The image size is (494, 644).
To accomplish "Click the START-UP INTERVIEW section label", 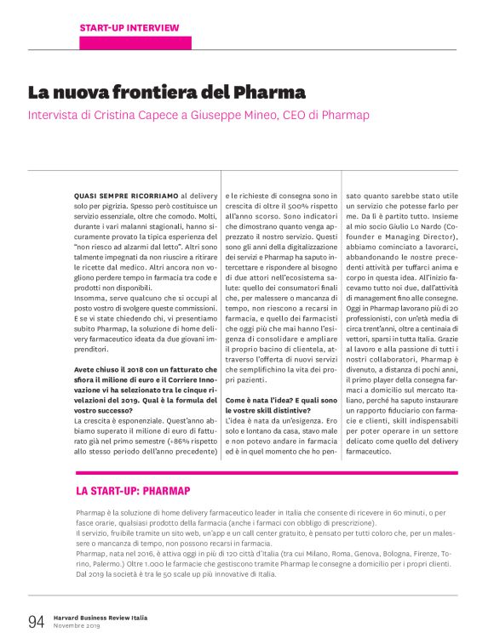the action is (x=129, y=28).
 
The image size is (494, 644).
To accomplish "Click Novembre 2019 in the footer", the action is (x=77, y=627).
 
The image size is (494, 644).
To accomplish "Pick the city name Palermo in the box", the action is (x=97, y=562).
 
